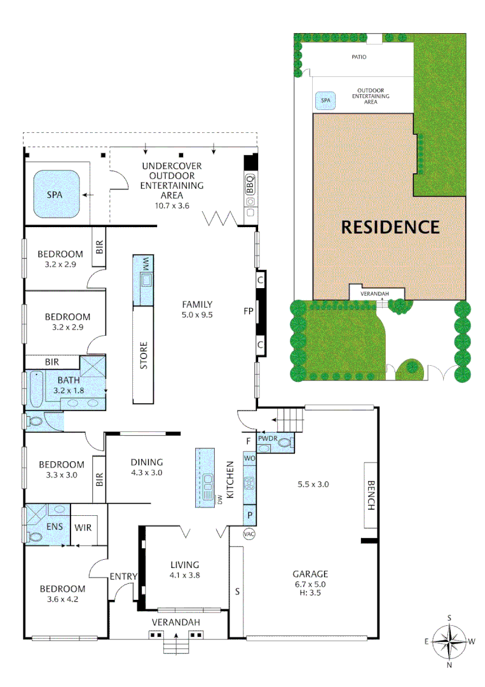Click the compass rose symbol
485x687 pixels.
pos(450,641)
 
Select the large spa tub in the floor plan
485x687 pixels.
pos(56,194)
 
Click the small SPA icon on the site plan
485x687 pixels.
pos(325,101)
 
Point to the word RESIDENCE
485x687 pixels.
pos(390,226)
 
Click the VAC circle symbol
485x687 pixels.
pos(249,534)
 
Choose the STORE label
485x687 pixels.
pos(144,356)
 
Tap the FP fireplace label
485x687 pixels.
pos(249,312)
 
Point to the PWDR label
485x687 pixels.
pos(266,438)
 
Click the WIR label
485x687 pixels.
pos(83,527)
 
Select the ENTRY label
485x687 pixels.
pos(123,576)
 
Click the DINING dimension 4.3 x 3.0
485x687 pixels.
pos(147,473)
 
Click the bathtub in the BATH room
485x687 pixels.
pos(34,388)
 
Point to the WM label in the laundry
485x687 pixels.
pos(145,263)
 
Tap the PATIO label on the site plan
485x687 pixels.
pos(360,57)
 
